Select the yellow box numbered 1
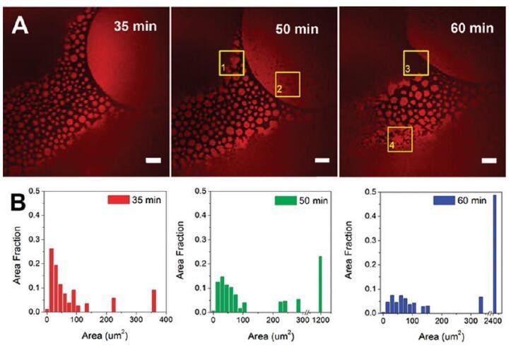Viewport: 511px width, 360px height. [x=231, y=62]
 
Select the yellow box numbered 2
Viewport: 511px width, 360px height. [x=287, y=83]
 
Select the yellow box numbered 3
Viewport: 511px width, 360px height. [x=416, y=62]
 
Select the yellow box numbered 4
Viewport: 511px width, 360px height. [x=400, y=139]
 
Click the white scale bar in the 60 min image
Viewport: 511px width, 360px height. [x=488, y=160]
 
